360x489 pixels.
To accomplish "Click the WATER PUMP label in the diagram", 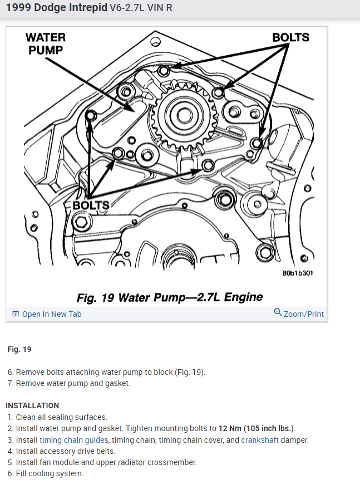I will point(45,43).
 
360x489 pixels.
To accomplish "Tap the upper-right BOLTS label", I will point(290,37).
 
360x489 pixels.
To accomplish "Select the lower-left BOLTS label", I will point(91,205).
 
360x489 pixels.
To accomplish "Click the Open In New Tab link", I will point(52,314).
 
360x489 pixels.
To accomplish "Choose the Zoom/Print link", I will point(303,314).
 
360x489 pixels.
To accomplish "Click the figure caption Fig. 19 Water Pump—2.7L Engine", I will point(170,297).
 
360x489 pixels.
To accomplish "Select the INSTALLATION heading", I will point(32,405).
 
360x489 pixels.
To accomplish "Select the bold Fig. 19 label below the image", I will point(19,350).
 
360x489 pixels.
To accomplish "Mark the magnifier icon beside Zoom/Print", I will point(278,312).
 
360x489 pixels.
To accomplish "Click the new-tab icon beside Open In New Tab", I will point(16,314).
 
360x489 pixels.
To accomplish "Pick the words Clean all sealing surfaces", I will point(61,417).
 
